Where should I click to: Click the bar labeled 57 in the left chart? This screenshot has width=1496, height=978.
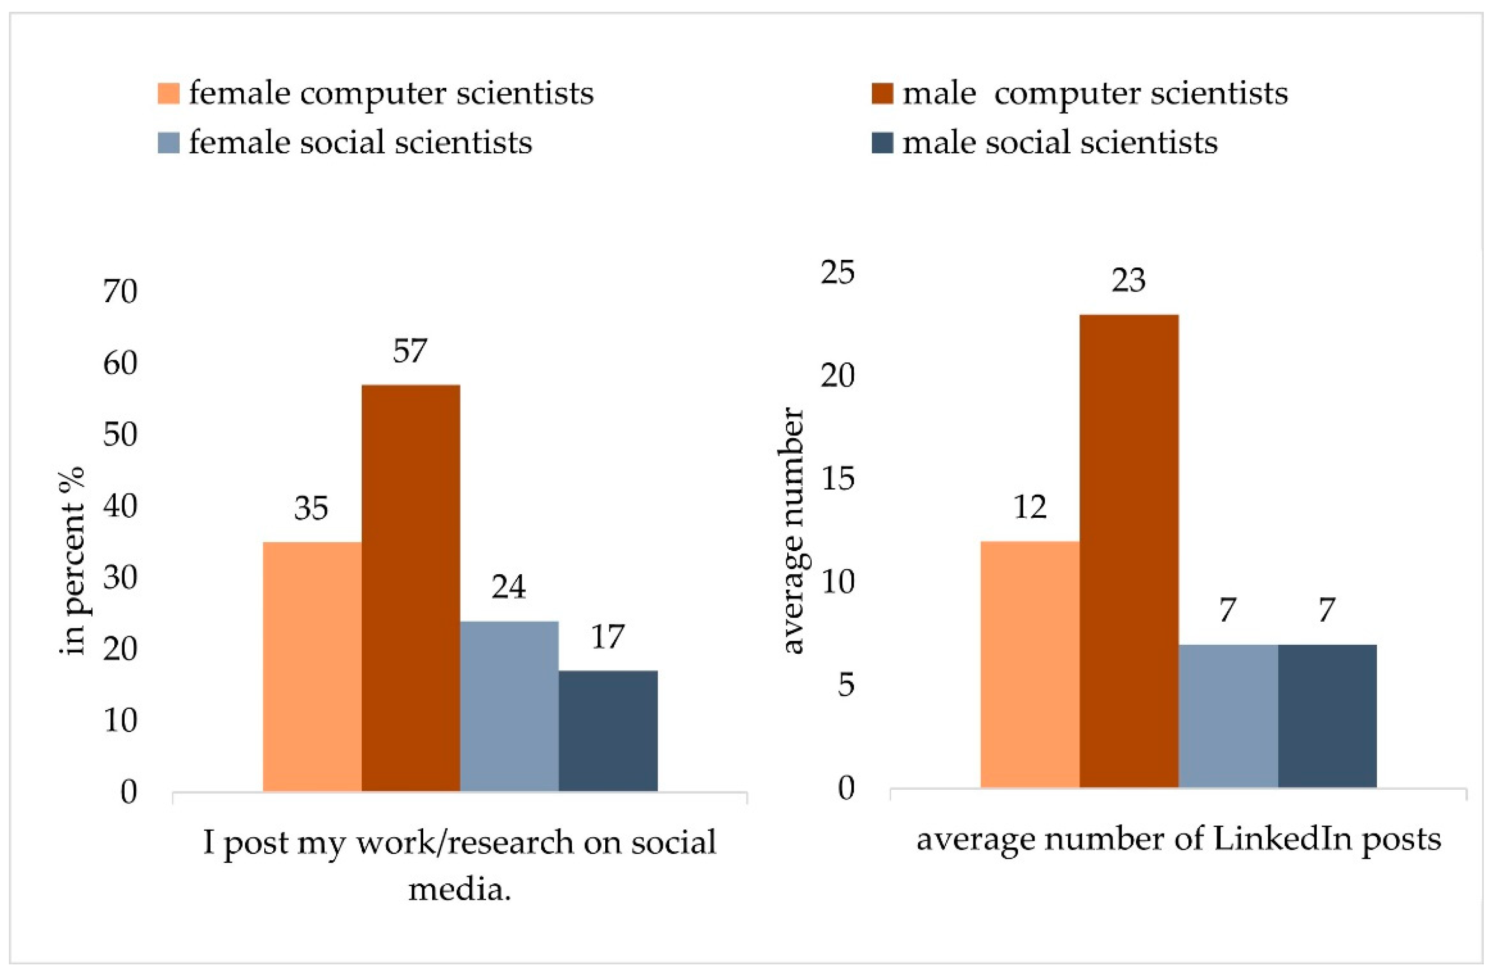pos(411,587)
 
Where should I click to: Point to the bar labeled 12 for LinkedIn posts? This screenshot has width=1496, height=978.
pos(1029,664)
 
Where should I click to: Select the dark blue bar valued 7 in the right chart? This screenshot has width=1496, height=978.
pos(1327,716)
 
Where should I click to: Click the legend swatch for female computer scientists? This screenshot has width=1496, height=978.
pos(168,94)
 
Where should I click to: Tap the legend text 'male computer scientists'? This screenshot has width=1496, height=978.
pos(1094,94)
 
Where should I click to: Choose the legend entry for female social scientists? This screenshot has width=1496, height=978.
pos(360,142)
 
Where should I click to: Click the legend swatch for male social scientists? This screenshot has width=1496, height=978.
pos(882,143)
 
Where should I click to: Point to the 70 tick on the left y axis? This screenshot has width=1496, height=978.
pos(120,292)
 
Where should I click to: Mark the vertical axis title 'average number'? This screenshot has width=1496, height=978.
pos(793,531)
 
